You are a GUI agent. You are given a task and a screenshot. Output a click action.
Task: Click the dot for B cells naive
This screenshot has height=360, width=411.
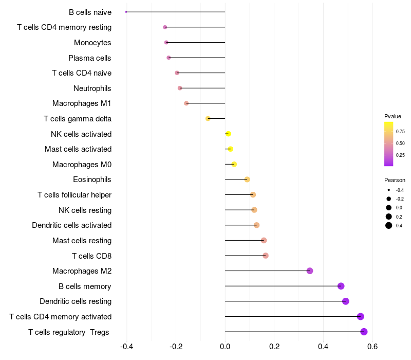pyautogui.click(x=126, y=12)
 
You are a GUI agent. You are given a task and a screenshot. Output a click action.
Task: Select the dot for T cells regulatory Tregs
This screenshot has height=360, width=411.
pyautogui.click(x=364, y=332)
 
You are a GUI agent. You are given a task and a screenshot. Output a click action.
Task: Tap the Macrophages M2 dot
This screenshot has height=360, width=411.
pyautogui.click(x=310, y=271)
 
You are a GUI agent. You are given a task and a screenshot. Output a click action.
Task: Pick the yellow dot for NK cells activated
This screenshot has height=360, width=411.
pyautogui.click(x=228, y=134)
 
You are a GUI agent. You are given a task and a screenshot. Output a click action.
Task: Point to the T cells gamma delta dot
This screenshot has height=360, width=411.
pyautogui.click(x=208, y=119)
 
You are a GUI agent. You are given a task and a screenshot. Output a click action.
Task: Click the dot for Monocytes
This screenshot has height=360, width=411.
pyautogui.click(x=166, y=43)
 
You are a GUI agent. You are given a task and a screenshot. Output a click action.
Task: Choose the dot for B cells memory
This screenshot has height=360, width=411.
pyautogui.click(x=341, y=286)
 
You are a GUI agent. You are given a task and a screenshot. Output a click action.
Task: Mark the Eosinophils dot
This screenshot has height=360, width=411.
pyautogui.click(x=247, y=179)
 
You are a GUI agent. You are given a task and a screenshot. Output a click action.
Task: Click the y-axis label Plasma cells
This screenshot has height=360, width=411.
pyautogui.click(x=89, y=58)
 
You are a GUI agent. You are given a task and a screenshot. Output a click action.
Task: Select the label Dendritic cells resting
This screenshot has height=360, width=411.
pyautogui.click(x=76, y=301)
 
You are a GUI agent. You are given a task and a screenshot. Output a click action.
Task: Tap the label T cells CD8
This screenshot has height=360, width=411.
pyautogui.click(x=92, y=256)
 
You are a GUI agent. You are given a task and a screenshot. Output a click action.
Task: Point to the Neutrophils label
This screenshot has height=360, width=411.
pyautogui.click(x=92, y=88)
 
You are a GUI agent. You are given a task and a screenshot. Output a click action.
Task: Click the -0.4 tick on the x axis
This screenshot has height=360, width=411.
pyautogui.click(x=126, y=347)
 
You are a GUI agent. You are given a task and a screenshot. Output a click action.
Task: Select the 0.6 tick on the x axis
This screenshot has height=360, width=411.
pyautogui.click(x=372, y=347)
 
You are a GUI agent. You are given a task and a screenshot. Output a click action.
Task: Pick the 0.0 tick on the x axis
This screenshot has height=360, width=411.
pyautogui.click(x=225, y=347)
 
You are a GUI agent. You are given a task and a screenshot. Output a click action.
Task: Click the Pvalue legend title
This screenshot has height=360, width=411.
pyautogui.click(x=393, y=116)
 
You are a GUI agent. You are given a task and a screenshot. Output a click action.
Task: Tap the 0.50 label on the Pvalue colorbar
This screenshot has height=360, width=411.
pyautogui.click(x=400, y=143)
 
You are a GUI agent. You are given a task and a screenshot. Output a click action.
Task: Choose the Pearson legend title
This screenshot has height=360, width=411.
pyautogui.click(x=395, y=180)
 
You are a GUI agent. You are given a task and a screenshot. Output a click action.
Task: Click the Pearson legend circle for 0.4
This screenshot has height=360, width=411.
pyautogui.click(x=389, y=225)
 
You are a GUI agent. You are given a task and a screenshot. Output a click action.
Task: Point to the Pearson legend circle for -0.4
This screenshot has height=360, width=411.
pyautogui.click(x=389, y=190)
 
